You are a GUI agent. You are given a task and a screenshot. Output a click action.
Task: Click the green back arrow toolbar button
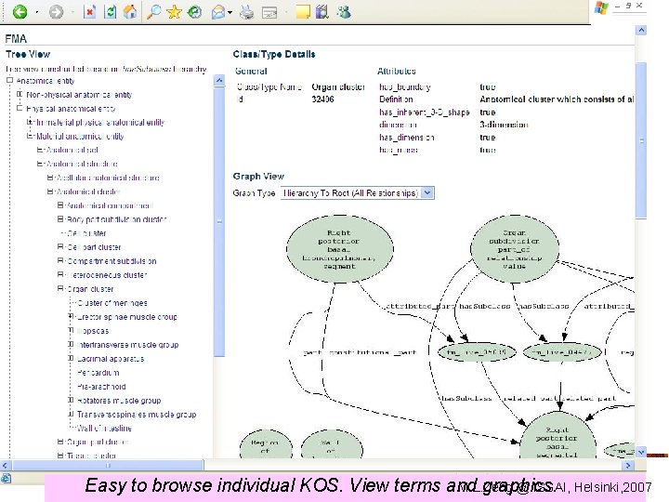(x=19, y=12)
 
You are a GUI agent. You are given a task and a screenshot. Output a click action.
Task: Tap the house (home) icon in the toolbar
(x=130, y=12)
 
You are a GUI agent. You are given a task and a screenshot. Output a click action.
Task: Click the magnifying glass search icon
(x=153, y=12)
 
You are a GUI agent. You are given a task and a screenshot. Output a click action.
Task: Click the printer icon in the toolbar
(x=246, y=12)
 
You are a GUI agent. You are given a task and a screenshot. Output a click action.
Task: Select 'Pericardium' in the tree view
(x=101, y=372)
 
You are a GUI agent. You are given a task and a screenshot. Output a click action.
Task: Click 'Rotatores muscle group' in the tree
(x=119, y=401)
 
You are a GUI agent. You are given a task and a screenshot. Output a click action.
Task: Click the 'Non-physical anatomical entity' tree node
(x=79, y=94)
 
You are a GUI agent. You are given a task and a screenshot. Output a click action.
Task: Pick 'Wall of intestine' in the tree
(x=105, y=428)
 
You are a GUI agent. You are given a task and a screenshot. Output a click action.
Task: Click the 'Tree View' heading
(x=27, y=55)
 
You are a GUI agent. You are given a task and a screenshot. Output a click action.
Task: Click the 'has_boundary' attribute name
(x=405, y=86)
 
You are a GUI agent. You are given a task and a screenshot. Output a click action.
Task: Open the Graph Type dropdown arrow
(x=427, y=192)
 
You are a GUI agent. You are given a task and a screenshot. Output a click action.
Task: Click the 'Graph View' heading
(x=258, y=176)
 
